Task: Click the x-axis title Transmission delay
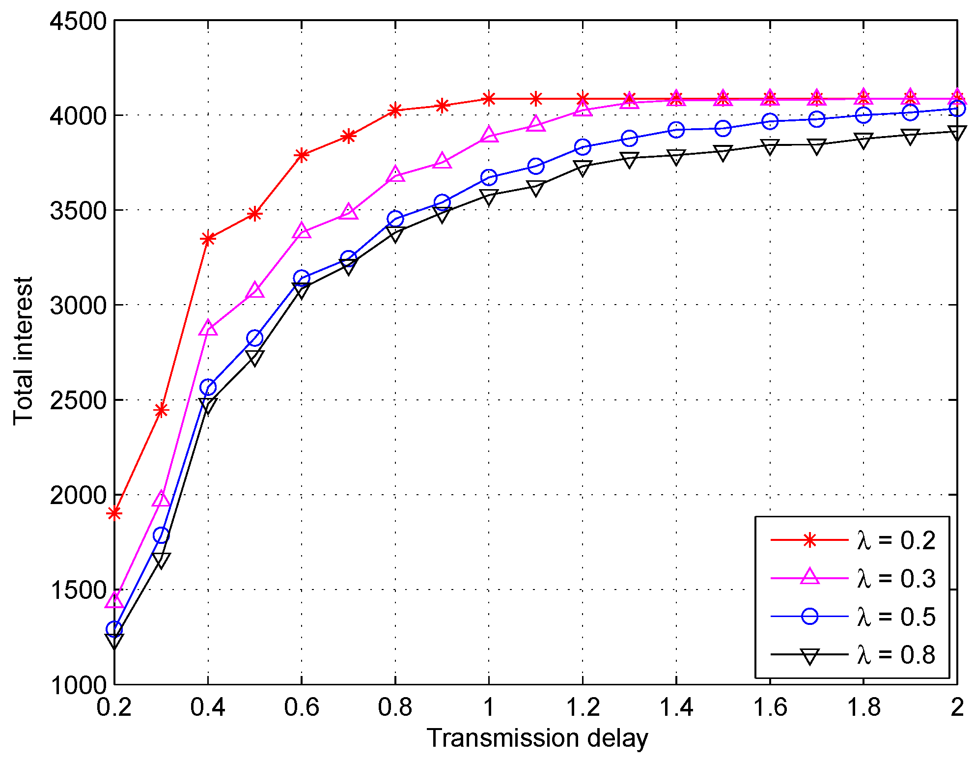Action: point(537,738)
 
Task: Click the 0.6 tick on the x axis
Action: point(301,708)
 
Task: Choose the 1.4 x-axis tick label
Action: point(676,708)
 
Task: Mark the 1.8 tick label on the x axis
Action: point(863,708)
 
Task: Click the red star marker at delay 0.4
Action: point(208,239)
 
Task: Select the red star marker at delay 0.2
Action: point(114,513)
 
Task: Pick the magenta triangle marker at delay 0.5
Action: point(255,291)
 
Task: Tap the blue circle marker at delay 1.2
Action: point(583,146)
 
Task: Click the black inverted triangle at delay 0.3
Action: point(161,560)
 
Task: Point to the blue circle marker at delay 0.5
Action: point(255,338)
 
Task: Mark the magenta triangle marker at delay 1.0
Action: point(489,135)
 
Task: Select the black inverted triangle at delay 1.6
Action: point(770,146)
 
